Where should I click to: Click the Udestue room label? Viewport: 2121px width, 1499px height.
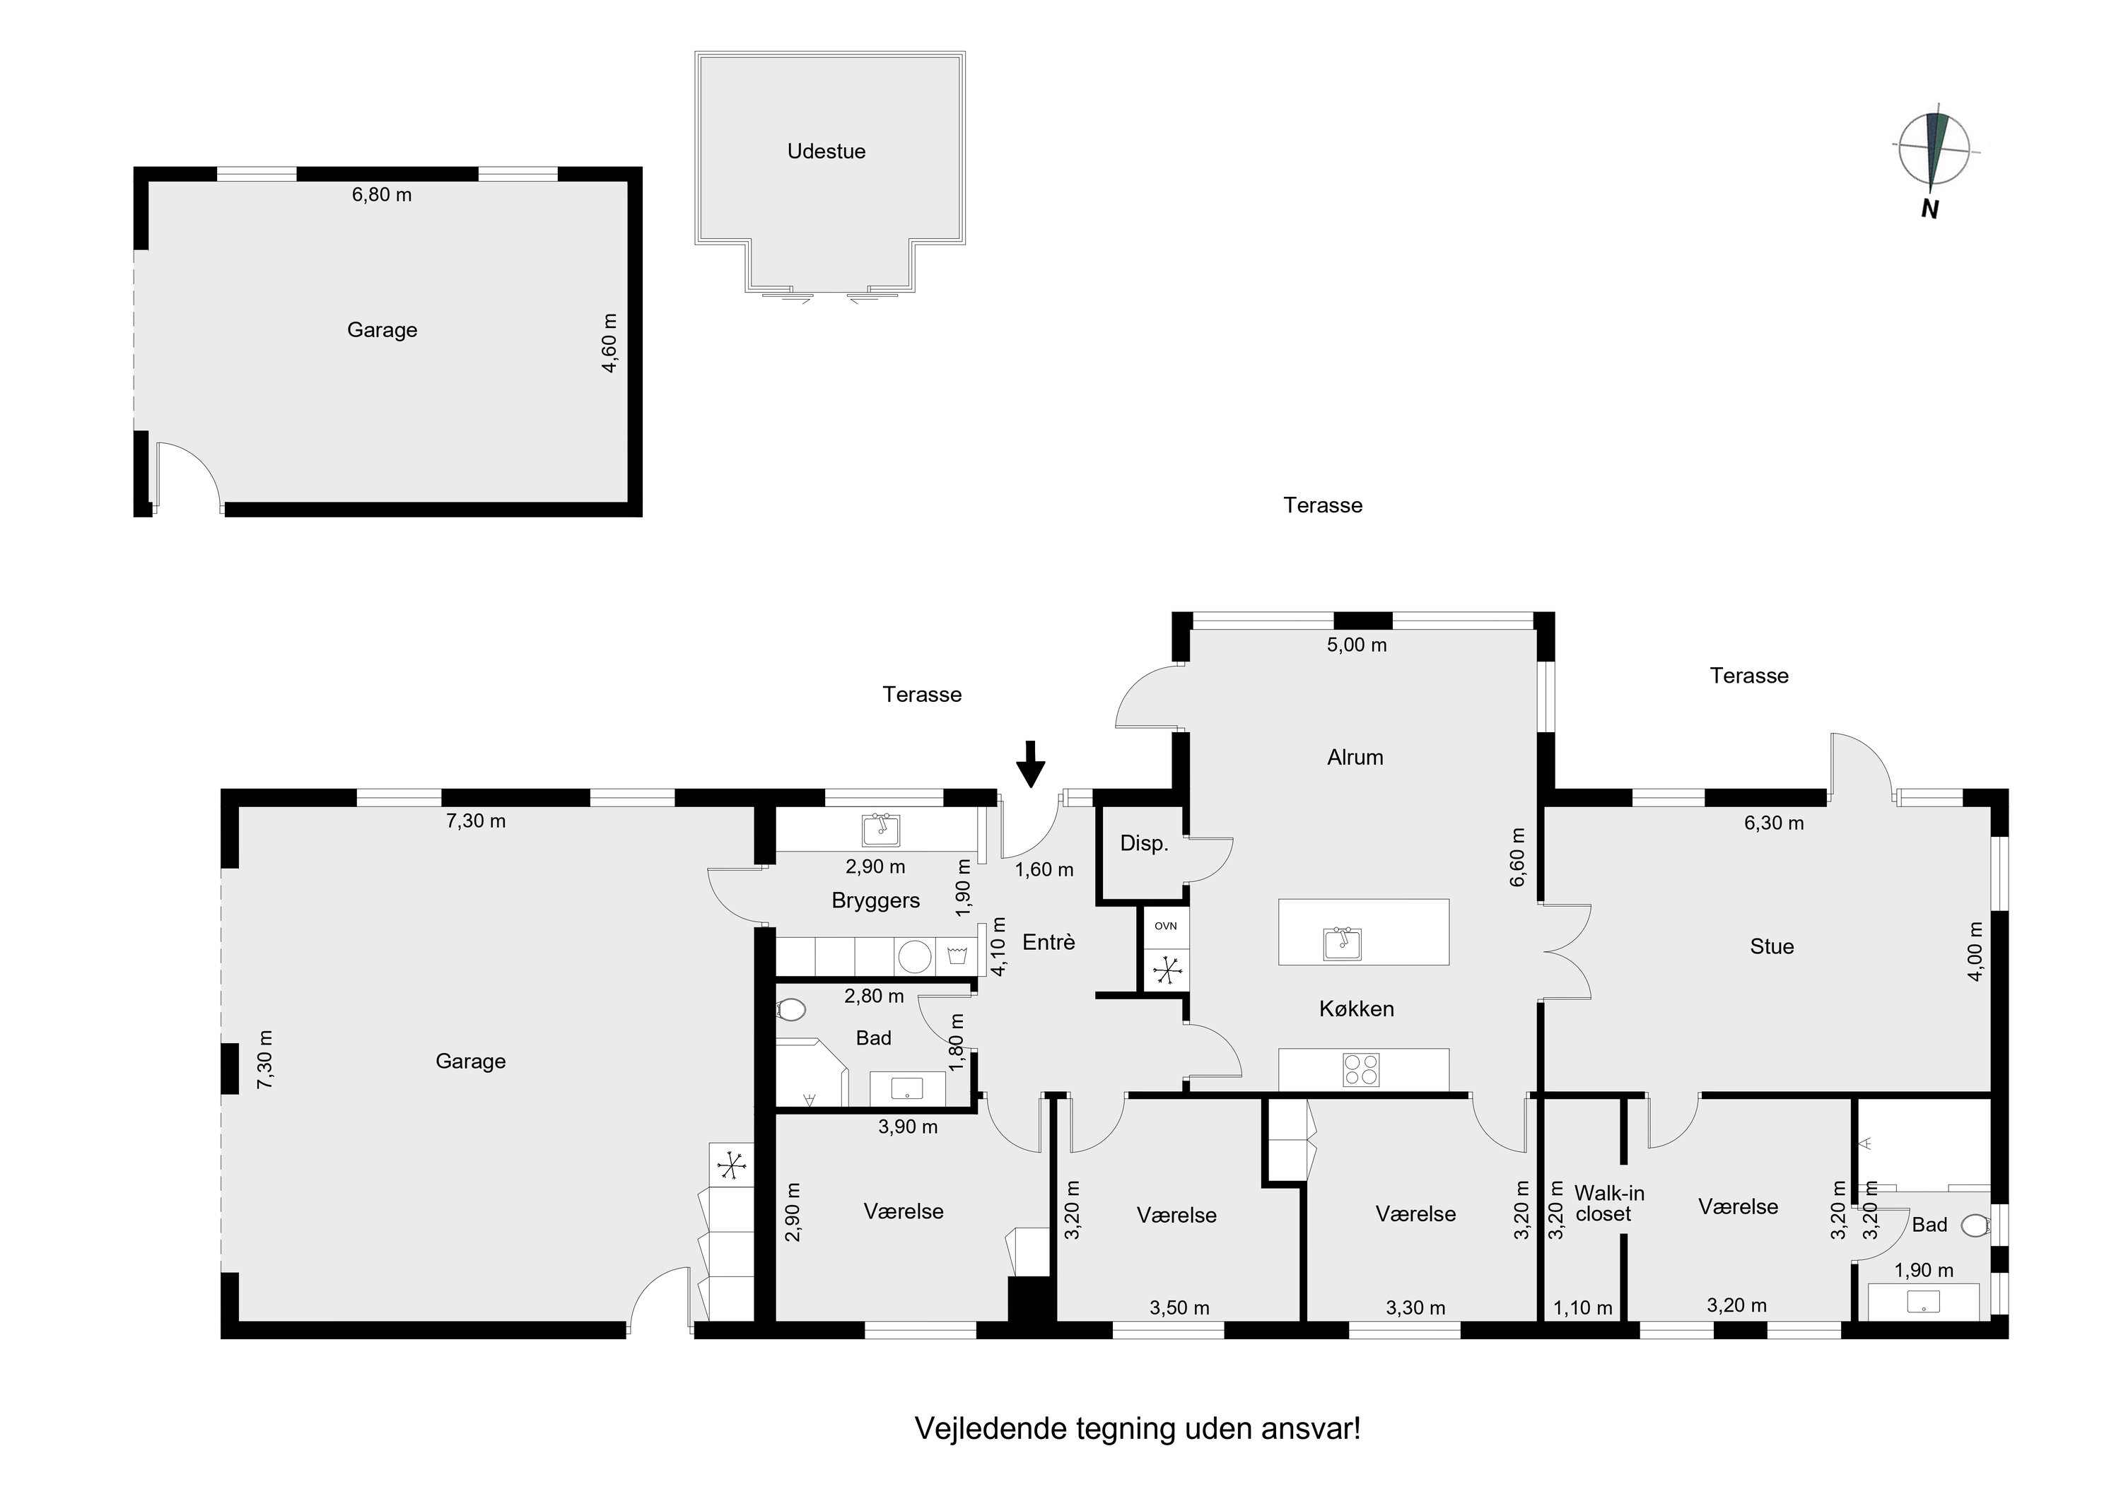(x=826, y=151)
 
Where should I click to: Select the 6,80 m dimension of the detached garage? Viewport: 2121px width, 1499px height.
(x=382, y=195)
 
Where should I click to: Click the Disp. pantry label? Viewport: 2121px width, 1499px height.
(x=1145, y=842)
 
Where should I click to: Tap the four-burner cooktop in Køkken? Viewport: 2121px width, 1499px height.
(x=1361, y=1069)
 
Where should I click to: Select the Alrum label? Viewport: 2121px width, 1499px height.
(x=1355, y=758)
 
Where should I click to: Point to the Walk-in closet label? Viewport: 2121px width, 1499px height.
(x=1609, y=1204)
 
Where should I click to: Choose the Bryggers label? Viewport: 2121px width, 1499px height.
(x=876, y=900)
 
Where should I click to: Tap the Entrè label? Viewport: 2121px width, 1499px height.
(x=1048, y=942)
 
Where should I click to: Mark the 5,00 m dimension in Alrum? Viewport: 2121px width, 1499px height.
(x=1357, y=645)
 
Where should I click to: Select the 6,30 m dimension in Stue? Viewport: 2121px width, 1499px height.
(x=1774, y=823)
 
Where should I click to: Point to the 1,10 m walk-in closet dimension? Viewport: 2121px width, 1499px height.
(x=1582, y=1307)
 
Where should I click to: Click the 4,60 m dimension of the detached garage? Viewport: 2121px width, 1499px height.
(x=609, y=343)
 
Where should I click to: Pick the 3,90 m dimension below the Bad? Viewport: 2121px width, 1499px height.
(x=908, y=1127)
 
